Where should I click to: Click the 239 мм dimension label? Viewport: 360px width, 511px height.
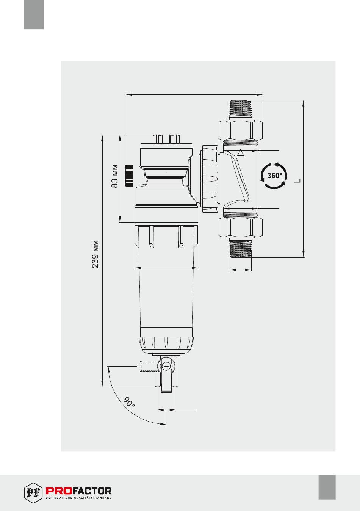95,254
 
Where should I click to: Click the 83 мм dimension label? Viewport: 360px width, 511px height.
115,176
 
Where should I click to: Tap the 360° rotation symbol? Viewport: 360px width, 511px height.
274,176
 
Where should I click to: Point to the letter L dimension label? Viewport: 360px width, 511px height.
297,181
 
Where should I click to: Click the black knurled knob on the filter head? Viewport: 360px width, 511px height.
130,176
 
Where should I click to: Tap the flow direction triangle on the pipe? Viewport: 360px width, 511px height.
241,153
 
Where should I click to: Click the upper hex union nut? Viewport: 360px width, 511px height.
241,130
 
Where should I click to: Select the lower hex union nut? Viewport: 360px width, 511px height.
241,228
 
